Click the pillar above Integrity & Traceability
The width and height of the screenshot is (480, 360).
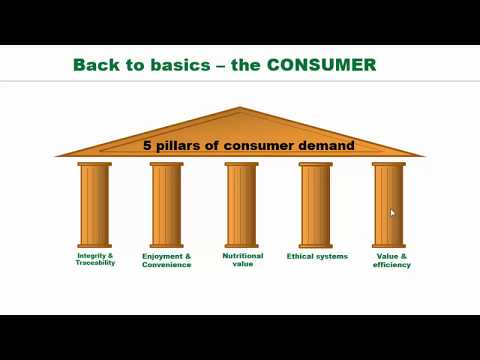[95, 204]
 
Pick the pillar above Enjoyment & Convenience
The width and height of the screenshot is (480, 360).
[167, 204]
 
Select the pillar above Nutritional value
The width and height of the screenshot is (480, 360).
[241, 204]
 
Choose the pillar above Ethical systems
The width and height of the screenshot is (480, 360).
[315, 204]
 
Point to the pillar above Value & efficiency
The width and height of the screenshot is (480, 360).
[388, 204]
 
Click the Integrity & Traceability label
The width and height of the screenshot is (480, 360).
[96, 259]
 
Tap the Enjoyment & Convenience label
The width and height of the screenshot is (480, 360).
[167, 260]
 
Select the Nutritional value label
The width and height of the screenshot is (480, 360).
[242, 259]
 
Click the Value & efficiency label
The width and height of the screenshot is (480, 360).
[392, 260]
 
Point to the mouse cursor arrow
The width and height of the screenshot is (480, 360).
[392, 212]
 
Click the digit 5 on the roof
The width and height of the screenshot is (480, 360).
[148, 146]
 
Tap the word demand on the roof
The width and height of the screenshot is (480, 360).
[327, 146]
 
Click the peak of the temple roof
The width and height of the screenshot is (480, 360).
[240, 108]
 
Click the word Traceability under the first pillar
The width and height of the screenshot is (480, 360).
[96, 263]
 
